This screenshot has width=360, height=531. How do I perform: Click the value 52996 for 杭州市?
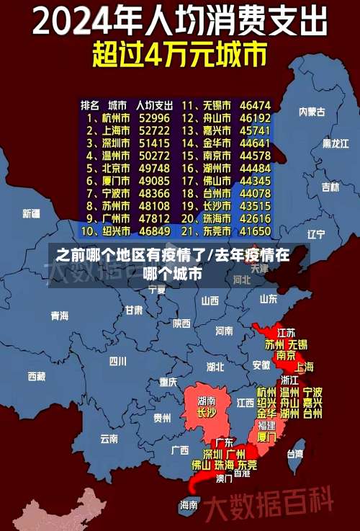tap(154, 117)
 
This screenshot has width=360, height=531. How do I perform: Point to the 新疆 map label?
tap(31, 213)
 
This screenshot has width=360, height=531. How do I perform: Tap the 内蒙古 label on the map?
tap(312, 112)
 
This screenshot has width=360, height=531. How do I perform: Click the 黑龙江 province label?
tap(335, 143)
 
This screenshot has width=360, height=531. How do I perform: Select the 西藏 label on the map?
tap(36, 375)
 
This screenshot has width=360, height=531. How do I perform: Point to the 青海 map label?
tap(59, 316)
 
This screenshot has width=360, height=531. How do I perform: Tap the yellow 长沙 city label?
tap(207, 413)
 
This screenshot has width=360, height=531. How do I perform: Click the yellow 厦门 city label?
tap(266, 437)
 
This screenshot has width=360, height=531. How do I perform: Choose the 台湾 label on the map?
tap(295, 454)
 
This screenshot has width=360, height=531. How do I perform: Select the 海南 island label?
tap(189, 504)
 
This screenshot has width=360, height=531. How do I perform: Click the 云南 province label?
tap(109, 437)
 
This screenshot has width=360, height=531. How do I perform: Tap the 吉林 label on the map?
tap(330, 187)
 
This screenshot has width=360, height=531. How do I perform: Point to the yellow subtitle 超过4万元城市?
tap(180, 54)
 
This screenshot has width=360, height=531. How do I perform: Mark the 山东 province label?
tap(268, 298)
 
